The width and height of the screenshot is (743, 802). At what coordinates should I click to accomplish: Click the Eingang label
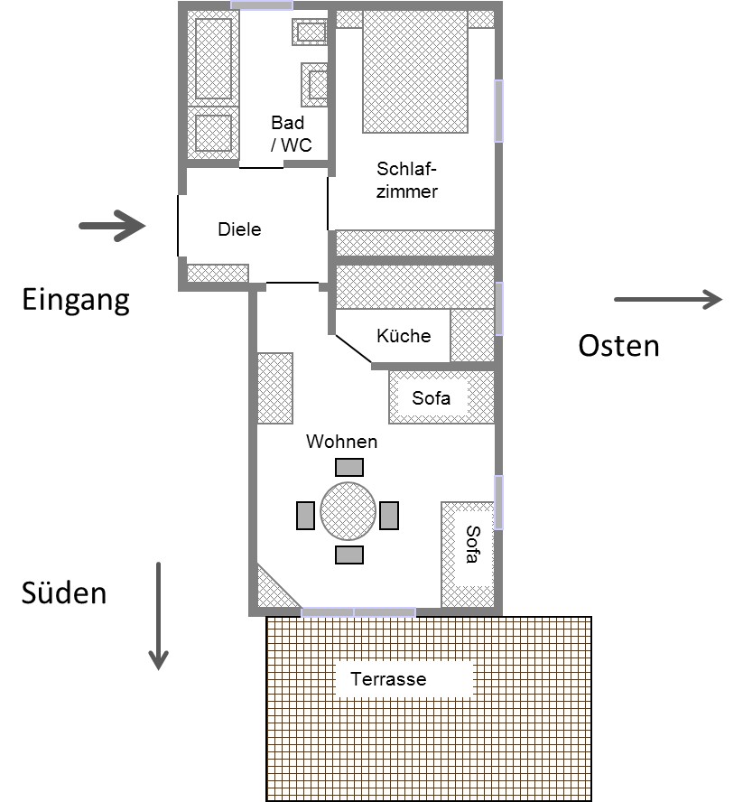pyautogui.click(x=76, y=299)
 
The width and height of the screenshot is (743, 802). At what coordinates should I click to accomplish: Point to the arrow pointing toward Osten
pyautogui.click(x=668, y=300)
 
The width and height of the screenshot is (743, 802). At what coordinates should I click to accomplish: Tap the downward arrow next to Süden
pyautogui.click(x=159, y=616)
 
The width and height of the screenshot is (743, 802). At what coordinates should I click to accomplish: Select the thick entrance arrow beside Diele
pyautogui.click(x=113, y=226)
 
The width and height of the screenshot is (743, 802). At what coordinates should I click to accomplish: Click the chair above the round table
pyautogui.click(x=349, y=467)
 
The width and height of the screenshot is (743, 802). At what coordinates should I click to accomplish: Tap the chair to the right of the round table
pyautogui.click(x=389, y=515)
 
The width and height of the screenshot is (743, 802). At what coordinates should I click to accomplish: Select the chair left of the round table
pyautogui.click(x=305, y=515)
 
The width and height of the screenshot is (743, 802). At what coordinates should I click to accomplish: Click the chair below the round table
pyautogui.click(x=349, y=555)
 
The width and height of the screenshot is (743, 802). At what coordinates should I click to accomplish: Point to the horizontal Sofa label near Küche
pyautogui.click(x=431, y=397)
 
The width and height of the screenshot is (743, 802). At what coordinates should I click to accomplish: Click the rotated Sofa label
pyautogui.click(x=470, y=545)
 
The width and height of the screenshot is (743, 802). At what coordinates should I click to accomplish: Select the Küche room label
pyautogui.click(x=404, y=336)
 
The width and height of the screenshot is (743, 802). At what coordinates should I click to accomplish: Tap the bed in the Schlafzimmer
pyautogui.click(x=415, y=72)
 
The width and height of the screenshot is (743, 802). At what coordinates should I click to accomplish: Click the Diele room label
pyautogui.click(x=239, y=229)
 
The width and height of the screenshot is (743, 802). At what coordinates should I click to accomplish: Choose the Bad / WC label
pyautogui.click(x=289, y=133)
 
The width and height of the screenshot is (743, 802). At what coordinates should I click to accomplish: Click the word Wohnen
pyautogui.click(x=341, y=442)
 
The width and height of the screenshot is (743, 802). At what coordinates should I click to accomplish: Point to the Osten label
pyautogui.click(x=618, y=345)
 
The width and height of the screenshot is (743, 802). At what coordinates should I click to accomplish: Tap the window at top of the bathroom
pyautogui.click(x=262, y=5)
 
